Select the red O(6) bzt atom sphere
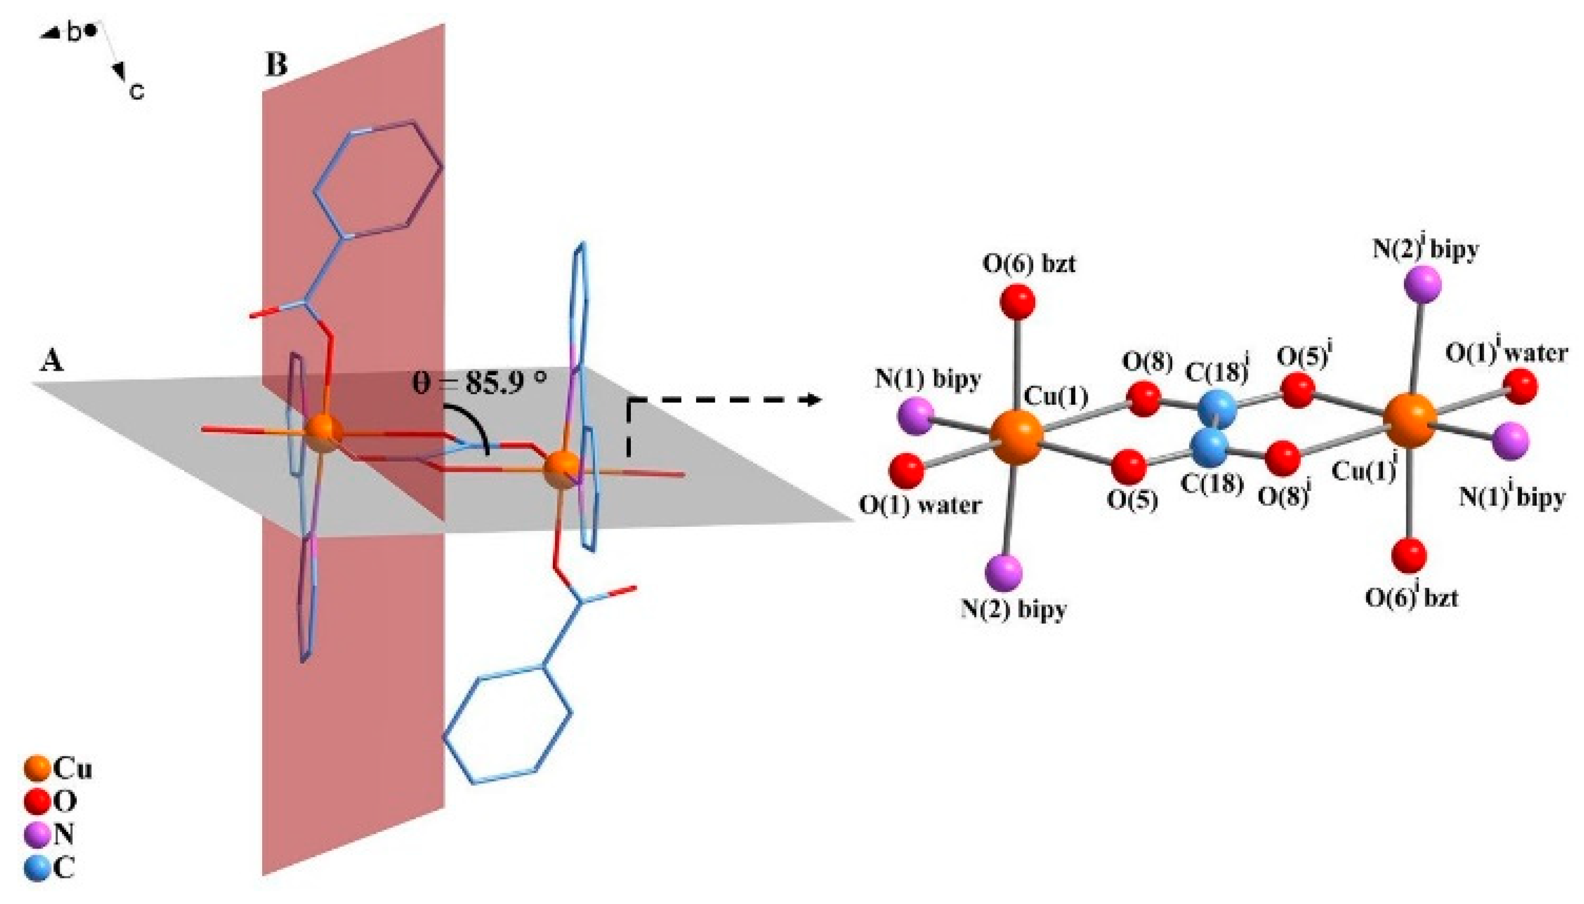(1017, 302)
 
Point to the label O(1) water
(919, 505)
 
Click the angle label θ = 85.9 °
(479, 382)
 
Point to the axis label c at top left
(137, 92)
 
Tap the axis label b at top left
(73, 33)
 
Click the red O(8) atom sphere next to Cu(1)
(1143, 399)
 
